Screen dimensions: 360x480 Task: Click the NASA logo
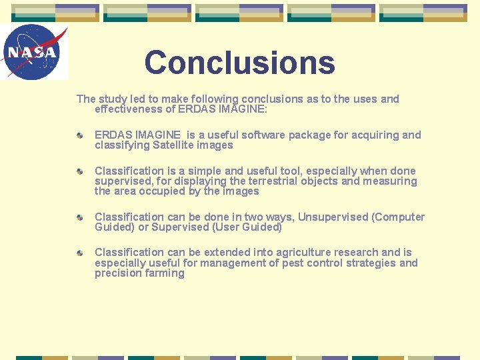point(33,52)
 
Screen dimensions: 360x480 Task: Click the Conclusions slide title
point(239,63)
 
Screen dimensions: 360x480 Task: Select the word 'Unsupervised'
point(333,217)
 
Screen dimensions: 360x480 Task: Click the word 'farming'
point(163,273)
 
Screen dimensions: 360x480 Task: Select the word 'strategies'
point(369,263)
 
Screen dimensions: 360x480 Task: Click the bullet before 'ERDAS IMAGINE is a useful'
point(79,135)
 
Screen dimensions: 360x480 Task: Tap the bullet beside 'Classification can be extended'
point(79,253)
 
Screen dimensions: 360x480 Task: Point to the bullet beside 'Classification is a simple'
point(79,171)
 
